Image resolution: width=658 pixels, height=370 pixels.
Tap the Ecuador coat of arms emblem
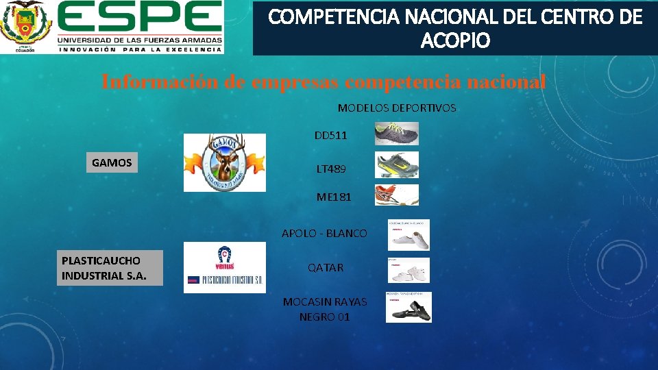point(25,26)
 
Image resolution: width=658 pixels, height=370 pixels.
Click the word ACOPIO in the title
point(455,42)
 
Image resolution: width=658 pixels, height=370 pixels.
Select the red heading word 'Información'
point(160,82)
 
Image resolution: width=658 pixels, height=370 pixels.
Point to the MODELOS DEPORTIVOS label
point(396,108)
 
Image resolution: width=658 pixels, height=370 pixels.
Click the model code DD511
point(330,135)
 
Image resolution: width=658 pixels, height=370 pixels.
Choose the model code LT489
point(331,168)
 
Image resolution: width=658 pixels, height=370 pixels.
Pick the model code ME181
point(334,197)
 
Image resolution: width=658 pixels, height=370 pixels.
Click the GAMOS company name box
point(112,162)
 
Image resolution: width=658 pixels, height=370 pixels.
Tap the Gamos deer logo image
point(224,162)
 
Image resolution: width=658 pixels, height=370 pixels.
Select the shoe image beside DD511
point(397,134)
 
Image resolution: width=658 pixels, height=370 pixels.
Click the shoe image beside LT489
point(397,165)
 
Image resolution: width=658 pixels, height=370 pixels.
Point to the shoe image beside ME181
point(396,195)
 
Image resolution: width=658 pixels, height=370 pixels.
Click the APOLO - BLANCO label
point(324,233)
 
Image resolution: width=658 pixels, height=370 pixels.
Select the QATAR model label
point(326,267)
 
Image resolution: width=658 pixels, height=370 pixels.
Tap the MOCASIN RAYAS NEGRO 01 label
point(324,309)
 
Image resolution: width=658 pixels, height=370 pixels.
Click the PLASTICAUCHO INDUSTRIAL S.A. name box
point(110,268)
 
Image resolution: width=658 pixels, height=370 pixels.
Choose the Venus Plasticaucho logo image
point(224,268)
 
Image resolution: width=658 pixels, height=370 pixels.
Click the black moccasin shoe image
point(409,308)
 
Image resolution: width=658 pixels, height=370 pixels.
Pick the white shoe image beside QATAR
point(409,270)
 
